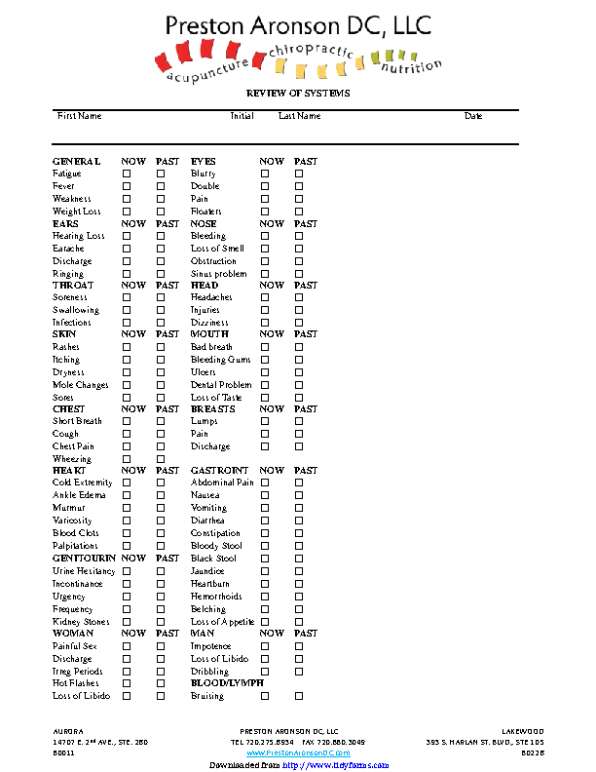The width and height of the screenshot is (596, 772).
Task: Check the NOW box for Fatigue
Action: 127,174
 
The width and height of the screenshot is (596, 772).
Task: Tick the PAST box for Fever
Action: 162,186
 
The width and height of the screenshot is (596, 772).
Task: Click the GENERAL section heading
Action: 76,161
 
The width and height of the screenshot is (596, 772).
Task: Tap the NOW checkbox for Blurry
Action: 265,174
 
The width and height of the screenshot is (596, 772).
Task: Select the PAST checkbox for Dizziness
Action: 300,323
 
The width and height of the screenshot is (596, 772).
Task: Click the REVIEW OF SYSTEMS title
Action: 298,94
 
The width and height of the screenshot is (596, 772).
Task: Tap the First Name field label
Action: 79,116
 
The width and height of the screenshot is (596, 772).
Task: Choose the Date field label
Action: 473,116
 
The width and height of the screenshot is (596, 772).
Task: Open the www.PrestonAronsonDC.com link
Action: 298,753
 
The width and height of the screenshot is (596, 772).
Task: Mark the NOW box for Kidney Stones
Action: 127,622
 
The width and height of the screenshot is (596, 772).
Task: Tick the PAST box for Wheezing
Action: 162,459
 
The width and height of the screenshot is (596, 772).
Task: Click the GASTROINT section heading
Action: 219,471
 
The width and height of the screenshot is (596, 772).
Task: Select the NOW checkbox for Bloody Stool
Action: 265,546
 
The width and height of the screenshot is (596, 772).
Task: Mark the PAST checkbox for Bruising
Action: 300,696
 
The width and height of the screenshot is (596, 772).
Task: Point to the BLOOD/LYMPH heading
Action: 227,683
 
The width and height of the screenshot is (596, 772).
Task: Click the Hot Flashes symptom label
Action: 74,683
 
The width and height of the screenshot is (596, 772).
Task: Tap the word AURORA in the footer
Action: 67,731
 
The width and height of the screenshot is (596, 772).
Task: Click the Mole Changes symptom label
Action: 81,385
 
